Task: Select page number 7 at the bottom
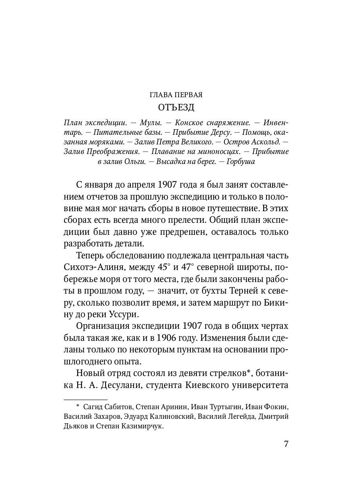pos(286,444)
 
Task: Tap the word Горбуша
pos(240,161)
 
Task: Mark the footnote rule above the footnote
pos(86,399)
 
